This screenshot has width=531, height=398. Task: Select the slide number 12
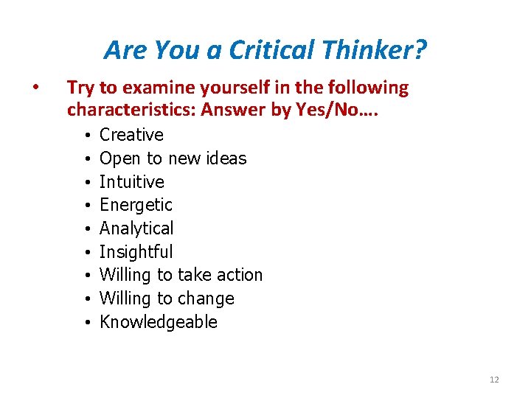[x=494, y=380]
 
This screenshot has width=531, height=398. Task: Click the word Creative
[x=131, y=135]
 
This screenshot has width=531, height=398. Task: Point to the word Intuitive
[x=132, y=181]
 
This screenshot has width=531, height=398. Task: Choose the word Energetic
[x=136, y=205]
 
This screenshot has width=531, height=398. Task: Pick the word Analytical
[x=136, y=228]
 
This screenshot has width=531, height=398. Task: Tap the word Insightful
[x=136, y=252]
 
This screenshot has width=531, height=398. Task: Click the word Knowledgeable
[x=159, y=322]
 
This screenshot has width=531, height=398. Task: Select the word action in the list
[x=240, y=275]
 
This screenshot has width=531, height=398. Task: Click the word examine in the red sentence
[x=153, y=88]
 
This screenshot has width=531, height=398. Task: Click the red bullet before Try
[x=35, y=88]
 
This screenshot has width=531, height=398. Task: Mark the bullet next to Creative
[x=86, y=136]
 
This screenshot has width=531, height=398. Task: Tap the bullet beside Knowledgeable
[x=86, y=323]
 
